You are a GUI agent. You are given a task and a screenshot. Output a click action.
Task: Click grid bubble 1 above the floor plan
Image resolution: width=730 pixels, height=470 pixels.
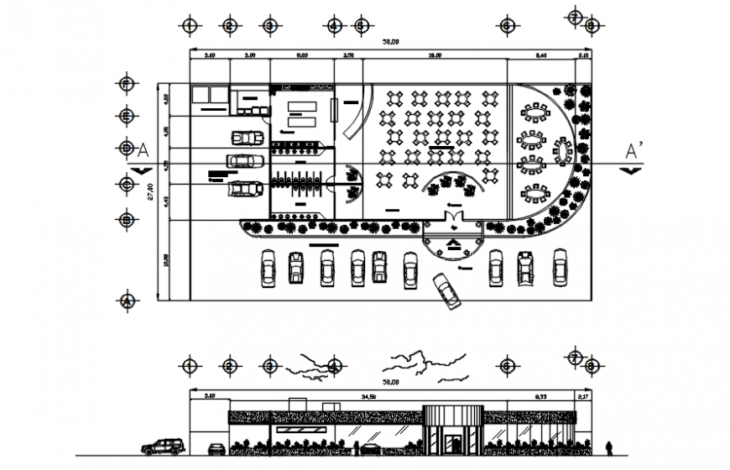[190, 26]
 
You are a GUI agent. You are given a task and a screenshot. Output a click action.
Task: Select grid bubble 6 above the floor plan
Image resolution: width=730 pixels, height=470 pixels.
[507, 26]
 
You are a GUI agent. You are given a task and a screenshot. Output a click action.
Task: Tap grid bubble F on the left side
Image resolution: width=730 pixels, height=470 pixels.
[127, 84]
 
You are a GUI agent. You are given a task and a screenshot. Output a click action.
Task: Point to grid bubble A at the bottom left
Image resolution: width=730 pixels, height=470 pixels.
[127, 300]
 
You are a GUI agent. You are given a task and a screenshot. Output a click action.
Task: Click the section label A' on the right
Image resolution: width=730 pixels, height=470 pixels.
[634, 150]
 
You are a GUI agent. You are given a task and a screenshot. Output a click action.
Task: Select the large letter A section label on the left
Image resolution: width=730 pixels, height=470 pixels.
[142, 150]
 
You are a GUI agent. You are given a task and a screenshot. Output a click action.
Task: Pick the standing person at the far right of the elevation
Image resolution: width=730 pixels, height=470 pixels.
[610, 447]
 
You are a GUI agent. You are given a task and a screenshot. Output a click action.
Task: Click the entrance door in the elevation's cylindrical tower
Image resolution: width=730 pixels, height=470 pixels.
[453, 443]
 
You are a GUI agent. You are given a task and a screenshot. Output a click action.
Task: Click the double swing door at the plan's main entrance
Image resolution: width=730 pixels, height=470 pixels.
[453, 220]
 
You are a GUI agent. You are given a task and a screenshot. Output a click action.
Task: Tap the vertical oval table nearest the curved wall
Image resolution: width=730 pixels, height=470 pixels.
[561, 152]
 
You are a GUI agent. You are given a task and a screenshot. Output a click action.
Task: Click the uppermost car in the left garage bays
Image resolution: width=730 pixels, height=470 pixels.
[247, 138]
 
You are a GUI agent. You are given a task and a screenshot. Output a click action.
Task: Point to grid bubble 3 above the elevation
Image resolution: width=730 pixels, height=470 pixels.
[269, 365]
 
